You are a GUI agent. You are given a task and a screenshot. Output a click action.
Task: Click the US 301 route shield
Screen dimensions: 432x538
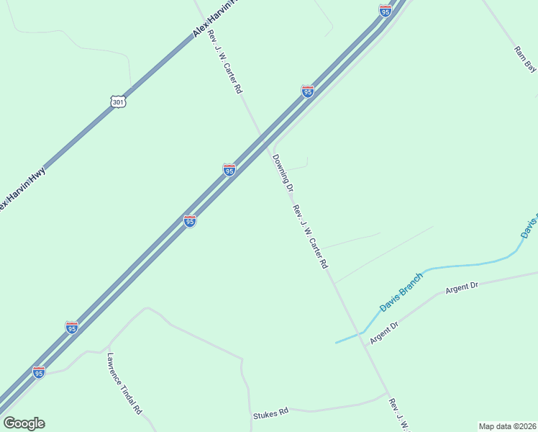(x=119, y=102)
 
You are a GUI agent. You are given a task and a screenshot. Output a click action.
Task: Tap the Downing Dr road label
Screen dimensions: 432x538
(x=282, y=174)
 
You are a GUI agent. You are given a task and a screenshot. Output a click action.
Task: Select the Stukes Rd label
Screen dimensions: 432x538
(x=270, y=414)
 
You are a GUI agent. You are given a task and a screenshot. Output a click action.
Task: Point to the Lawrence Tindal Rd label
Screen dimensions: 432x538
(x=124, y=382)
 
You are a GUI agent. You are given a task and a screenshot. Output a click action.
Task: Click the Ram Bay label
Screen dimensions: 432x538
(x=525, y=59)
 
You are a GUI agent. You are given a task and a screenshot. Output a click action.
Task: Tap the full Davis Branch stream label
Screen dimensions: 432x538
(x=401, y=292)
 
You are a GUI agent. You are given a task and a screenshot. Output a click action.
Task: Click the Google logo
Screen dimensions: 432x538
(x=24, y=423)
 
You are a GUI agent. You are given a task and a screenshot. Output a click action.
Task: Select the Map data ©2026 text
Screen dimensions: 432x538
(x=508, y=426)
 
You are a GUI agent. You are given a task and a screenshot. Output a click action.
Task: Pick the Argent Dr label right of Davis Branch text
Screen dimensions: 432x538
(x=462, y=287)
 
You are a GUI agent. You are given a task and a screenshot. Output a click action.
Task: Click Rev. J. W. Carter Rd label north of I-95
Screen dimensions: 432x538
(x=224, y=63)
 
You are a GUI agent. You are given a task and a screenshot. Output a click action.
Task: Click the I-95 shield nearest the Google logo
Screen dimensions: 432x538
(x=39, y=372)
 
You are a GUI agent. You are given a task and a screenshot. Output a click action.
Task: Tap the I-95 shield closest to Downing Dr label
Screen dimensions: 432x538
(x=229, y=170)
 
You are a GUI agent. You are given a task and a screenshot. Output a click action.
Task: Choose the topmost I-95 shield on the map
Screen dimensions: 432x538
(x=385, y=11)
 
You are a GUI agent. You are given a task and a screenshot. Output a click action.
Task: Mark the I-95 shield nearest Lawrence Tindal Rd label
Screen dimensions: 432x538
(x=72, y=328)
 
